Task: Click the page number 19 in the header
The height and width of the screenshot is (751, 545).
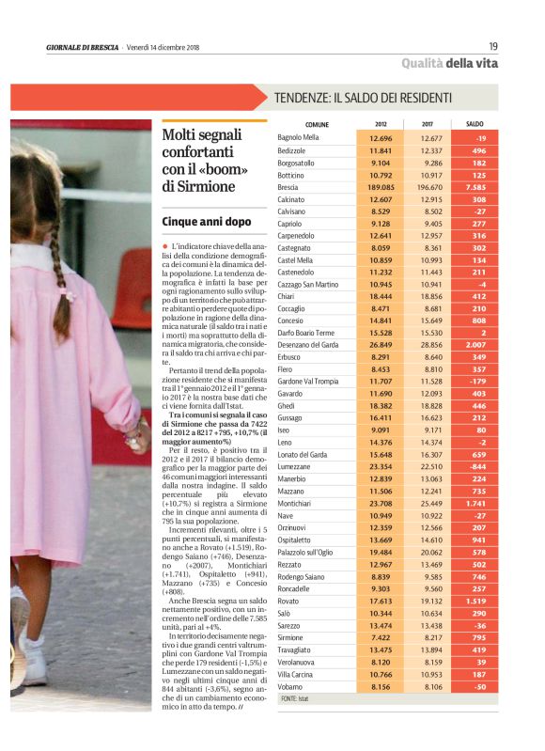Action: [x=493, y=46]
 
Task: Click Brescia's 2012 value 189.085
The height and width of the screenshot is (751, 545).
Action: [x=381, y=187]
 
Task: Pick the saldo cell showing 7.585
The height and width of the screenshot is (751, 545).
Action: [x=475, y=187]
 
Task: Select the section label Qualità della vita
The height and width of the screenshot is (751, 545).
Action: [x=450, y=63]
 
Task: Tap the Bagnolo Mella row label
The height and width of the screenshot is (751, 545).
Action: [x=299, y=137]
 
